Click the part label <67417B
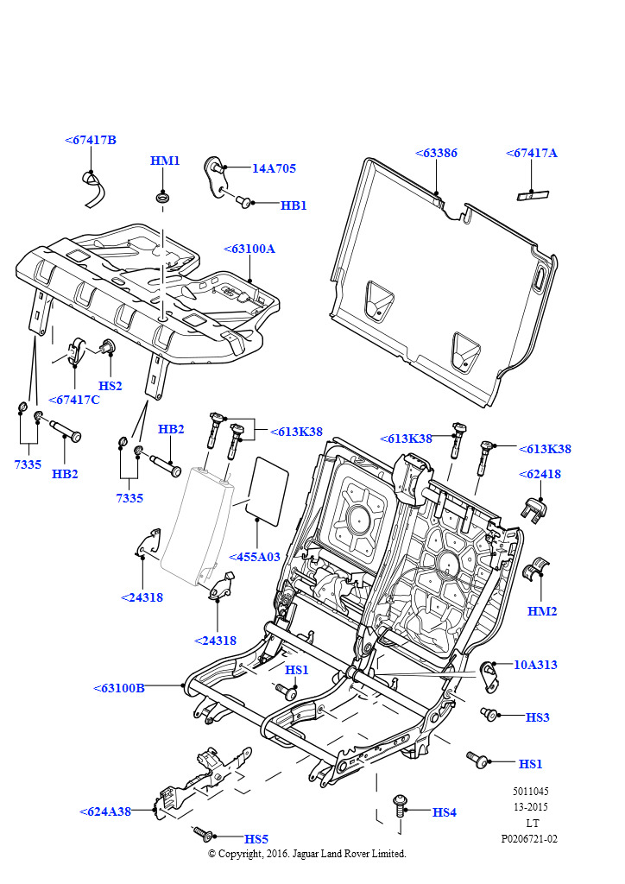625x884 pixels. point(91,140)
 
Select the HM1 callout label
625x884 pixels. point(165,161)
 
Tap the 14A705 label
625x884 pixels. point(274,168)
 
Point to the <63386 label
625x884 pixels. point(437,153)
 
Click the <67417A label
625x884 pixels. point(532,153)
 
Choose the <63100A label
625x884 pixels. point(249,249)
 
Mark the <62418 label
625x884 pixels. point(540,474)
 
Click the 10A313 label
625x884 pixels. point(535,665)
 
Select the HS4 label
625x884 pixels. point(445,812)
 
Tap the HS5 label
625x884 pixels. point(256,838)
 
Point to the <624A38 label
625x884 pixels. point(105,811)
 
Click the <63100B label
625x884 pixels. point(119,688)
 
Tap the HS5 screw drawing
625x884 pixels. point(202,833)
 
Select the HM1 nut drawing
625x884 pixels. point(162,200)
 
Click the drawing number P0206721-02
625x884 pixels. point(529,838)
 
